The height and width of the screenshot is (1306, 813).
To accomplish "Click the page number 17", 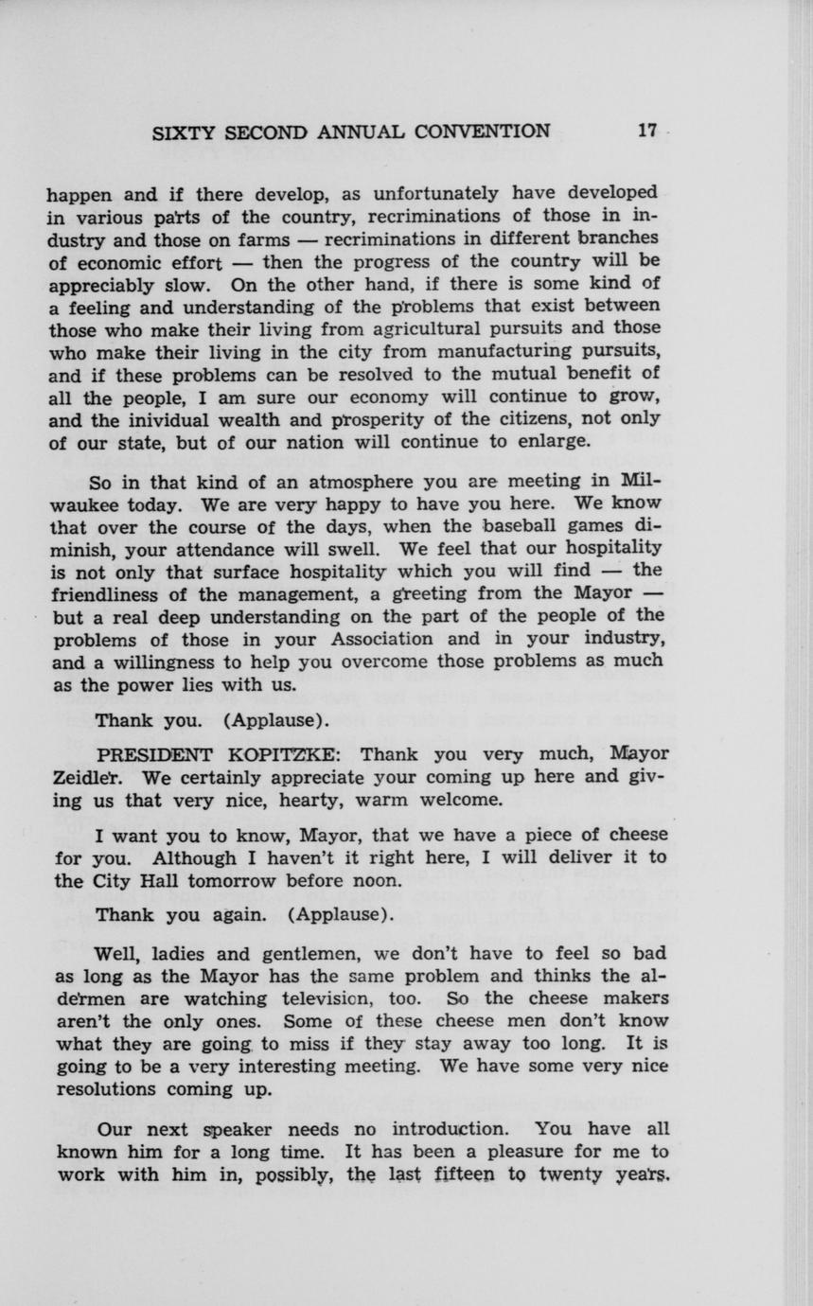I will pyautogui.click(x=646, y=132).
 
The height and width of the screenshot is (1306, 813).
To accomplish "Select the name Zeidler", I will pyautogui.click(x=83, y=778).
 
